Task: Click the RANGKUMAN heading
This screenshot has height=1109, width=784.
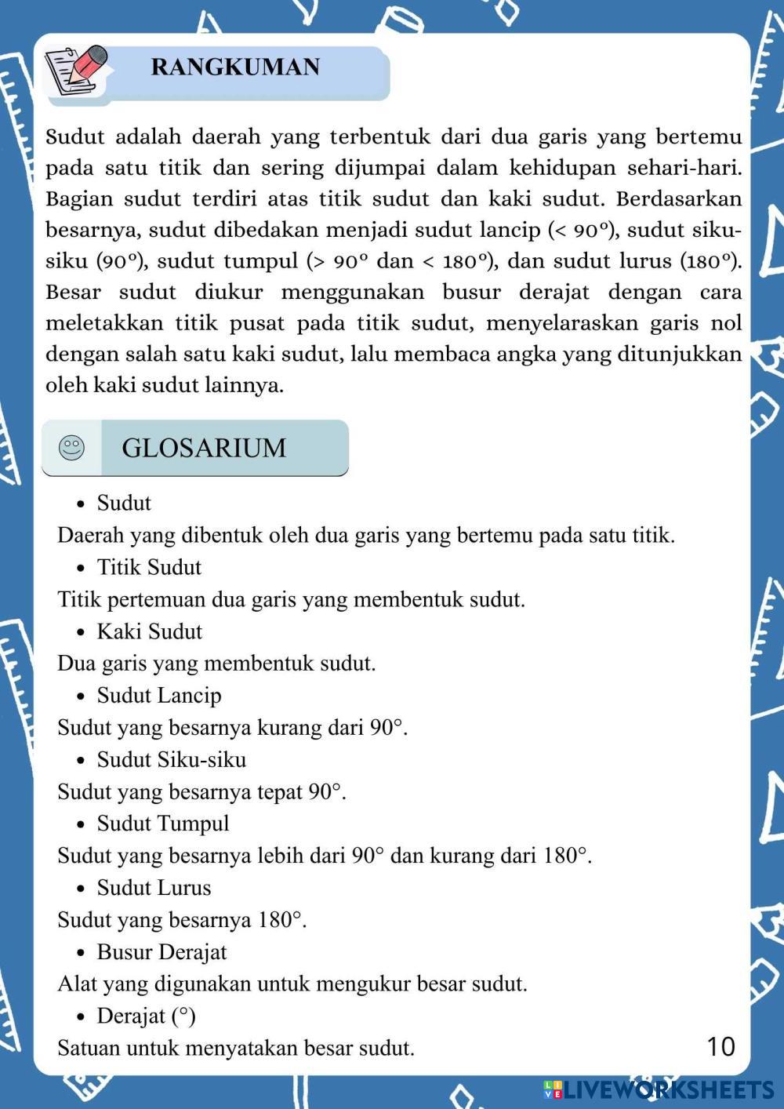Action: point(235,67)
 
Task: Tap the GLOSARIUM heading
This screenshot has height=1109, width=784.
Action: point(204,448)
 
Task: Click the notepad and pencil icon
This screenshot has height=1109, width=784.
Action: point(76,69)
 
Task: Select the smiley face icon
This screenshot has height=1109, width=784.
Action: point(71,448)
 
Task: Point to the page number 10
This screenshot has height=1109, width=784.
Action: point(720,1046)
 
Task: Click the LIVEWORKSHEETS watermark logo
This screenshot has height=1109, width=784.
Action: point(659,1089)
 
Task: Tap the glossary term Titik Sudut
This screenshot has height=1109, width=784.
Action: point(149,567)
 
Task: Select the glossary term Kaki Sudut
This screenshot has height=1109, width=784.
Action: point(149,631)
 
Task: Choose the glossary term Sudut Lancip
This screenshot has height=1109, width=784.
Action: point(159,696)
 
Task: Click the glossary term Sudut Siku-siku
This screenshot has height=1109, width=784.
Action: point(171,760)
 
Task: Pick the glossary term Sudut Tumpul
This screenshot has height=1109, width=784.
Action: point(163,824)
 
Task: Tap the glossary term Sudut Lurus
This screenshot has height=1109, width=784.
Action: point(154,888)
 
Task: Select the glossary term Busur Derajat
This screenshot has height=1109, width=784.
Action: point(162,952)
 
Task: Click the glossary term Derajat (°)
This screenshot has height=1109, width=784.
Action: point(146,1016)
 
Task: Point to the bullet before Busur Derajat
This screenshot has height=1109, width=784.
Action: point(81,954)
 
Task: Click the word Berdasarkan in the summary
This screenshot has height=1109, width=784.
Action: point(679,198)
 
